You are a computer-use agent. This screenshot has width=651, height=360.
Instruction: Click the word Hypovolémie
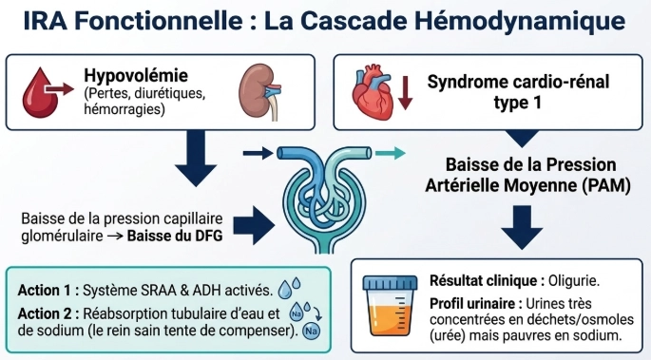tap(136, 75)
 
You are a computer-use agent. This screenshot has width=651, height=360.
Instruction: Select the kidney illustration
tap(259, 91)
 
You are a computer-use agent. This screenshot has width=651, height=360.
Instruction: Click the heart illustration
tap(373, 91)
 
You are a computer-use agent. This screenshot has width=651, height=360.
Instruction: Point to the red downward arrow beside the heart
tap(405, 93)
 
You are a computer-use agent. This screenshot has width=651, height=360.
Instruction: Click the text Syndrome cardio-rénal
tap(518, 82)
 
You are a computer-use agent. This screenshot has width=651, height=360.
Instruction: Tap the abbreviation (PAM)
tap(605, 185)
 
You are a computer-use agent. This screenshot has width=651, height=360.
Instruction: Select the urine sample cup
tap(390, 305)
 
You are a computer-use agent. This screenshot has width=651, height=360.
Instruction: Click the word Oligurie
tap(574, 281)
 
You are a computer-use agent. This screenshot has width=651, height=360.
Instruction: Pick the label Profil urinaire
tap(476, 304)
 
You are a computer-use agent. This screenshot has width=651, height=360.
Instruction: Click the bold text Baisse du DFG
tap(175, 236)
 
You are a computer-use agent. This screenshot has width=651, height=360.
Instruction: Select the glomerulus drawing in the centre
tap(324, 199)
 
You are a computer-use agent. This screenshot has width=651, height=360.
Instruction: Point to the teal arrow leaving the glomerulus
tap(391, 154)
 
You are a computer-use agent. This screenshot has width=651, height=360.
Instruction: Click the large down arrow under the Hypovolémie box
tap(196, 159)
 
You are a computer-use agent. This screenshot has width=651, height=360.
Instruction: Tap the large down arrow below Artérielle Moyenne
tap(522, 227)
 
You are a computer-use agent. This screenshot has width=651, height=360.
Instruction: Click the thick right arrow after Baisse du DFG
tap(254, 226)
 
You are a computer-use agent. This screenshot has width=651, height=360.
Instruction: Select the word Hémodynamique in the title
tap(520, 21)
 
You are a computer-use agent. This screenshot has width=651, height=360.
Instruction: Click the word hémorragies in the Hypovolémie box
tap(124, 109)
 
